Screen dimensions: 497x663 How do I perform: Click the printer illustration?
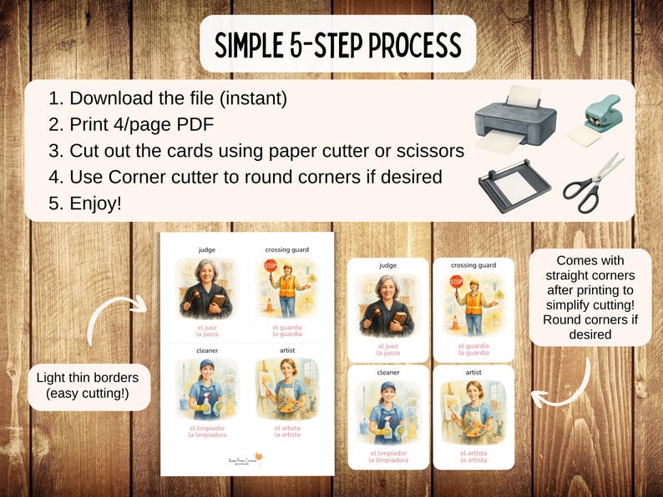coord(514,121)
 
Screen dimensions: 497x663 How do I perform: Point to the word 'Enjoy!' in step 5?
coord(96,203)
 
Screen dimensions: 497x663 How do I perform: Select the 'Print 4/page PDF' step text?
coord(142,125)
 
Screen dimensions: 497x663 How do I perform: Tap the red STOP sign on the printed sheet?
coord(270,266)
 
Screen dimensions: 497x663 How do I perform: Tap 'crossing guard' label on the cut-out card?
coord(473,265)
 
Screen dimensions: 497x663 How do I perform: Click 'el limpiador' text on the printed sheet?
coord(206,428)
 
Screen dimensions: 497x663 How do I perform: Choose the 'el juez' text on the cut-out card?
coord(387,345)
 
